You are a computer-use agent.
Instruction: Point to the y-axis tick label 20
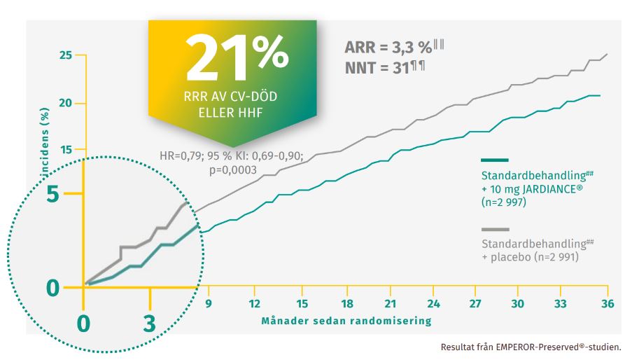point(66,103)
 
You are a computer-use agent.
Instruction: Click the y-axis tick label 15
point(66,150)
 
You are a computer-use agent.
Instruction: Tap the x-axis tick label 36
point(607,305)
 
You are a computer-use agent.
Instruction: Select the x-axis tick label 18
point(347,305)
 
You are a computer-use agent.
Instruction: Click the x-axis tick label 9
point(208,305)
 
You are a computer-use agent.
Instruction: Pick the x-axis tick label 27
point(475,305)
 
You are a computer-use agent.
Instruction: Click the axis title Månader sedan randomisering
point(346,321)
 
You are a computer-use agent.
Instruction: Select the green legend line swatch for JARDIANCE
point(495,160)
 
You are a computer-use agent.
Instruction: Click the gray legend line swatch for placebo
point(495,229)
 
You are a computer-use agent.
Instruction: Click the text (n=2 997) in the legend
point(504,202)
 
